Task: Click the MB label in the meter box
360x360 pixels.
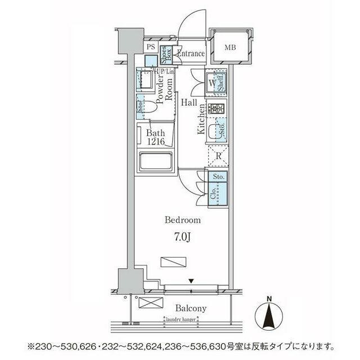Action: [x=231, y=47]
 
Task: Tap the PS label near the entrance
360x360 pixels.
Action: [x=150, y=48]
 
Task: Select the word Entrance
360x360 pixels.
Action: [x=191, y=53]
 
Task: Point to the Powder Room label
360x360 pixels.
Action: [x=164, y=89]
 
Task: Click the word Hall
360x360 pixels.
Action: [x=190, y=102]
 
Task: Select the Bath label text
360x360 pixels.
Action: [x=155, y=133]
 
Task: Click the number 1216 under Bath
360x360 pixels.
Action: [x=155, y=143]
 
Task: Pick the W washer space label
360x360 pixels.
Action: [x=212, y=84]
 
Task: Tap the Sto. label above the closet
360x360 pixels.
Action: [x=219, y=177]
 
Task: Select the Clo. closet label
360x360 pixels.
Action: [x=213, y=194]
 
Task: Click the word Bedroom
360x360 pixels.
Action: [x=182, y=220]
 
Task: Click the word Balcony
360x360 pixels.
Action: [x=190, y=308]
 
